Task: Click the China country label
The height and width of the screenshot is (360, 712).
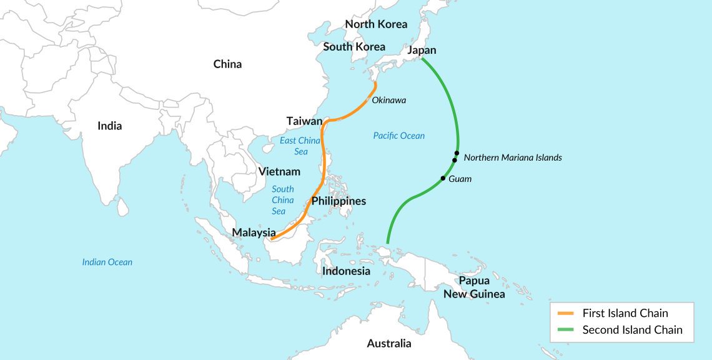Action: tap(227, 64)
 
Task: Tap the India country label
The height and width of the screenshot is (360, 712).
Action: tap(110, 126)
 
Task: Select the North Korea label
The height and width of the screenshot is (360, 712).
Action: tap(376, 24)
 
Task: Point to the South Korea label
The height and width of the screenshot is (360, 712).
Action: tap(354, 46)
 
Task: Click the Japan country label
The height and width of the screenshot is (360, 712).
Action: tap(422, 50)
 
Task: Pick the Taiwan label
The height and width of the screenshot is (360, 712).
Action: tap(304, 121)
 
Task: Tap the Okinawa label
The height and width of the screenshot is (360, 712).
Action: tap(388, 100)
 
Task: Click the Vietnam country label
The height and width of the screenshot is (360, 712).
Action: tap(279, 171)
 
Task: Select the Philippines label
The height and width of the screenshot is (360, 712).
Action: tap(339, 201)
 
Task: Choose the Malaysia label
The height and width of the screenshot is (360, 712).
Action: tap(254, 232)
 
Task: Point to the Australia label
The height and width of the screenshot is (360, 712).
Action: tap(389, 343)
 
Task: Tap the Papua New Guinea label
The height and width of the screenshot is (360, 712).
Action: tap(474, 287)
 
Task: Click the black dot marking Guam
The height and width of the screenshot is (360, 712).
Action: tap(443, 179)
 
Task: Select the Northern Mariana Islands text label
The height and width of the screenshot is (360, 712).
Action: tap(513, 157)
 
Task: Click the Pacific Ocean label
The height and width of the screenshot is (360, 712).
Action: tap(398, 136)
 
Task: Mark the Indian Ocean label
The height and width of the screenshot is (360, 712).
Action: tap(107, 262)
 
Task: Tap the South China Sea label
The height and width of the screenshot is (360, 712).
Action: tap(282, 200)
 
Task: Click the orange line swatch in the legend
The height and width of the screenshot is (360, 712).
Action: tap(565, 314)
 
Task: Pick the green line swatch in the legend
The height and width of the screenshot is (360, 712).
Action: tap(565, 330)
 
